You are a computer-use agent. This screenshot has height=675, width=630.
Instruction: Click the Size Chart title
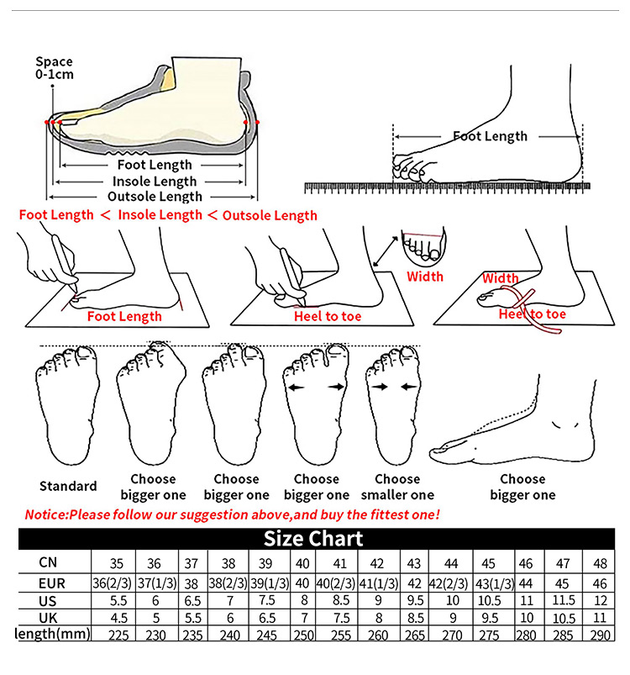click(313, 539)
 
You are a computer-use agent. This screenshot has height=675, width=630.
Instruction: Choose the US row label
click(48, 599)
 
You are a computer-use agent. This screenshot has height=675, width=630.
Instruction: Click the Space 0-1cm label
click(54, 68)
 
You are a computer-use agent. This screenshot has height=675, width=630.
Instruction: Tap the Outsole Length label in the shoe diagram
click(155, 197)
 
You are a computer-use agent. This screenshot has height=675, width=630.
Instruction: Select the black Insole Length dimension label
click(155, 182)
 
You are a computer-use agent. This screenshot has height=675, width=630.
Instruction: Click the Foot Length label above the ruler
click(490, 136)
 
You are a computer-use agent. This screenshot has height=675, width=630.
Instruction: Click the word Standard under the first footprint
click(68, 486)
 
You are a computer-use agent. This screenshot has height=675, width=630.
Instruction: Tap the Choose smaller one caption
click(397, 487)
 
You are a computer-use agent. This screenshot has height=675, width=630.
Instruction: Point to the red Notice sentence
click(232, 514)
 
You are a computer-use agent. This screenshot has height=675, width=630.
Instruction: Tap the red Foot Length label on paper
click(124, 316)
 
